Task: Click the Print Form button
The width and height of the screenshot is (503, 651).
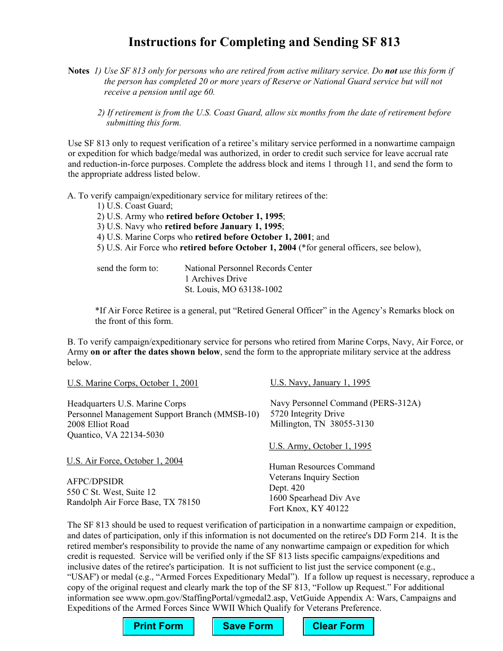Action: click(x=158, y=626)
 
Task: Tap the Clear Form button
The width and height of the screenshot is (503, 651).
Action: click(x=338, y=626)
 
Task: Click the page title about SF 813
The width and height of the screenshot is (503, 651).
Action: click(x=264, y=42)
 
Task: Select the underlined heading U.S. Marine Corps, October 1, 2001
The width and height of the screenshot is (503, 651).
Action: click(x=133, y=383)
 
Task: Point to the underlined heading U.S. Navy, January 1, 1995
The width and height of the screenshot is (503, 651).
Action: click(x=320, y=383)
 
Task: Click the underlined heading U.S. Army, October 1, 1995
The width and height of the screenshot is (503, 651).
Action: click(x=320, y=446)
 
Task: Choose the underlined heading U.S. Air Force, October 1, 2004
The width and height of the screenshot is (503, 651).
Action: click(x=125, y=461)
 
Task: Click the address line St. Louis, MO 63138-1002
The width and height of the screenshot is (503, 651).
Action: click(x=233, y=290)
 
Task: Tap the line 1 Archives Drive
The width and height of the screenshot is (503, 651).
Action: click(x=215, y=279)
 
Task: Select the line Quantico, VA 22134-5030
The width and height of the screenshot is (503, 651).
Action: click(x=115, y=435)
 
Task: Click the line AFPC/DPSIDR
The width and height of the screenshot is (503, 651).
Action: click(x=95, y=482)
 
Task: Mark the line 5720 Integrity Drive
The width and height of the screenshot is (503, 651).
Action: click(x=307, y=414)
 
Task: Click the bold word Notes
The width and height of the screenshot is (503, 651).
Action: click(x=79, y=71)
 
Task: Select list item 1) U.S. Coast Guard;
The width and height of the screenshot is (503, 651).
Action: click(x=135, y=206)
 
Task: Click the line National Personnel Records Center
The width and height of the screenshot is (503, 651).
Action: click(x=248, y=268)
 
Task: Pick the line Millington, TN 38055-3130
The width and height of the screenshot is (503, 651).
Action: click(x=322, y=424)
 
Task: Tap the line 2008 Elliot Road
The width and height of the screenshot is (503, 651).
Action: click(x=98, y=424)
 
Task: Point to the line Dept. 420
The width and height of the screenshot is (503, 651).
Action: click(x=287, y=487)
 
